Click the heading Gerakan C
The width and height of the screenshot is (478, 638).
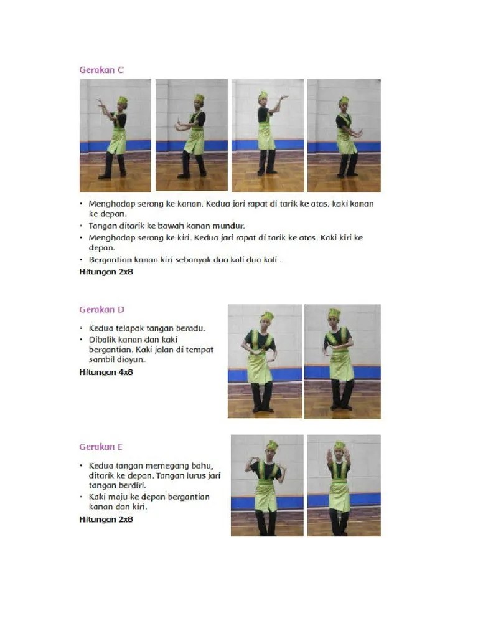(101, 70)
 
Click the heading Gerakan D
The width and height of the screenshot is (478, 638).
(101, 309)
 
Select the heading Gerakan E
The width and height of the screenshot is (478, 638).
(100, 447)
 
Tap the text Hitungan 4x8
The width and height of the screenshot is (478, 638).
(106, 372)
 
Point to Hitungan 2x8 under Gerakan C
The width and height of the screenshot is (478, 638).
(106, 272)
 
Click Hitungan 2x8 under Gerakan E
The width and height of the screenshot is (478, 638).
(106, 519)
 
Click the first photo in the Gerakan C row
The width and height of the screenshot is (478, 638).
(115, 135)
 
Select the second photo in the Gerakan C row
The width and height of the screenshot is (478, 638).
(192, 135)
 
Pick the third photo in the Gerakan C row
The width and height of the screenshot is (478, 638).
(268, 135)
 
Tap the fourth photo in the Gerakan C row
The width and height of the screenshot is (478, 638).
(344, 135)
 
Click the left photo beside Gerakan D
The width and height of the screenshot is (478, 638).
(265, 361)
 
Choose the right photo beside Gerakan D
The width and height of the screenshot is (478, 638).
(343, 361)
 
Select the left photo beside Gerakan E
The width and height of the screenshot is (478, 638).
(267, 485)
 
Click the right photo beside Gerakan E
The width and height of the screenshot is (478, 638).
(344, 485)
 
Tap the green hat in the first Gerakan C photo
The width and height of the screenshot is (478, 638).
(123, 100)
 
